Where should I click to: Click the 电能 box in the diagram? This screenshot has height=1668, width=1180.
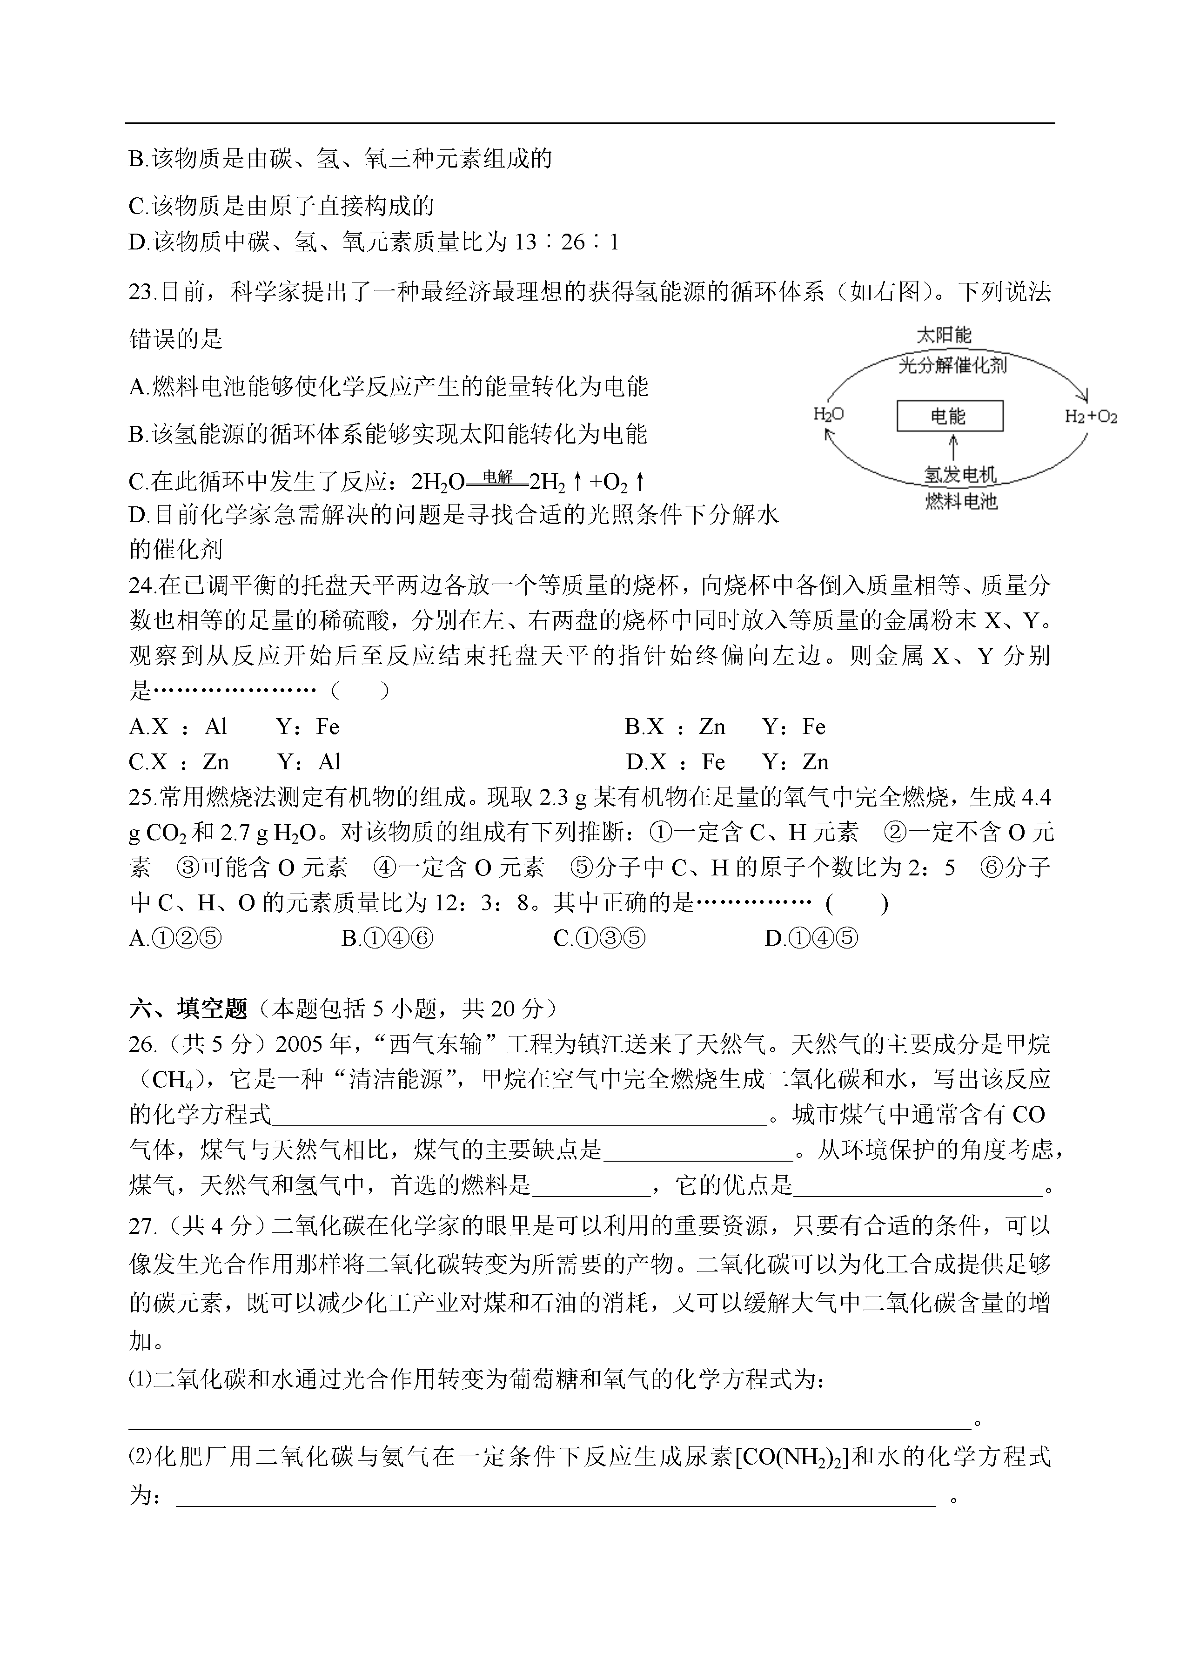[950, 417]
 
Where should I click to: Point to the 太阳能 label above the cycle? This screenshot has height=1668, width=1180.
[944, 335]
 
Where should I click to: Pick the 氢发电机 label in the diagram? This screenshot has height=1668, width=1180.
[960, 475]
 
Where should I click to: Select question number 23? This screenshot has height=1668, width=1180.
[142, 292]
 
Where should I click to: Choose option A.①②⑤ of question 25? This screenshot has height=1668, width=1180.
[175, 938]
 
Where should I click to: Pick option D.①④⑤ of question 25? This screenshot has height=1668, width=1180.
[811, 938]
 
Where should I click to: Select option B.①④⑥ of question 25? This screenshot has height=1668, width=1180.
[387, 938]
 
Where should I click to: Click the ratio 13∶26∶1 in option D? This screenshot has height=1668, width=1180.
[567, 242]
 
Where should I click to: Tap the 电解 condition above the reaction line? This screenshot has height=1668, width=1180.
[498, 477]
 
